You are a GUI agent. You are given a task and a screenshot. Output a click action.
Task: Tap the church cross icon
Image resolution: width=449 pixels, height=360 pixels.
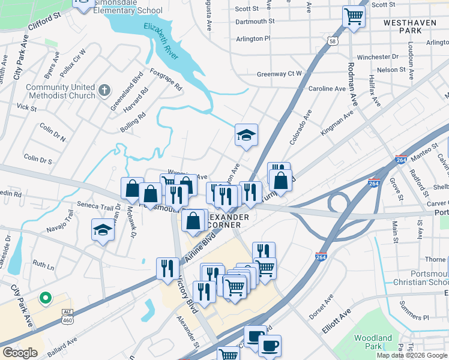click(104, 90)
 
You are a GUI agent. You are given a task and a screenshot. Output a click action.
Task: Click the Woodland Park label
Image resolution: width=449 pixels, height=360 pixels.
click(373, 342)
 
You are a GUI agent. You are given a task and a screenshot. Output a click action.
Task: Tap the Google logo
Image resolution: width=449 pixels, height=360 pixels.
click(20, 353)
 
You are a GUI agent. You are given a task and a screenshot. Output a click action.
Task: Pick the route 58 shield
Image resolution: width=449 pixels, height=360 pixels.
click(332, 41)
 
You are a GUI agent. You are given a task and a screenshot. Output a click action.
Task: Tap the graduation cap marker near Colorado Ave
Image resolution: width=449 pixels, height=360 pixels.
click(246, 136)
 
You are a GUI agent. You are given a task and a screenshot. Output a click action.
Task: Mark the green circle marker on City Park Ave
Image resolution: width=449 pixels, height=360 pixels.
click(44, 298)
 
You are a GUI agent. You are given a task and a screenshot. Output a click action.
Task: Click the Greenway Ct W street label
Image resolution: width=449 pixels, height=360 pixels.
click(279, 74)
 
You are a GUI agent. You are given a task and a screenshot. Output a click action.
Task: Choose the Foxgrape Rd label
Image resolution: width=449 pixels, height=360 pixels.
click(166, 79)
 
